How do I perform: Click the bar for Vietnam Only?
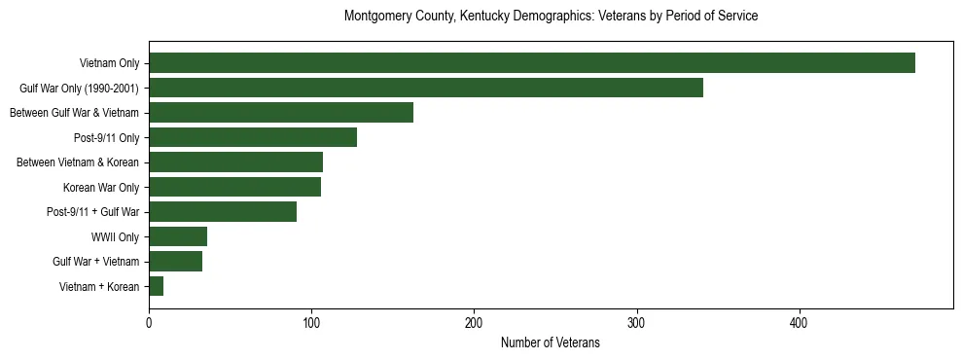(x=532, y=63)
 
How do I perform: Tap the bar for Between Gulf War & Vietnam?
(x=281, y=113)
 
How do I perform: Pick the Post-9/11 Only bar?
(x=253, y=137)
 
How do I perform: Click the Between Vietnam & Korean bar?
(x=236, y=162)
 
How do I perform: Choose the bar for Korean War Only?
(x=235, y=187)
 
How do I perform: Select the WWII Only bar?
(x=178, y=236)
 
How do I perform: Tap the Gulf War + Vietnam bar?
(x=176, y=261)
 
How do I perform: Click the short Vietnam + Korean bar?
(x=157, y=286)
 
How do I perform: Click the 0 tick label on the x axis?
(x=149, y=322)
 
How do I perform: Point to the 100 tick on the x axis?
(x=311, y=322)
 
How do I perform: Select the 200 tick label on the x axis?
(x=474, y=322)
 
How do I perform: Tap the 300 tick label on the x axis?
(x=636, y=322)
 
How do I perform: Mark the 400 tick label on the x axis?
(x=799, y=322)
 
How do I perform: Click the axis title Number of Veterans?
(x=550, y=342)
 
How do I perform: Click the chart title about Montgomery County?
(x=551, y=17)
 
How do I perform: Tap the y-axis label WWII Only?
(x=115, y=236)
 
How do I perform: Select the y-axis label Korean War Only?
(x=101, y=187)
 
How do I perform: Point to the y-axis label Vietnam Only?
(x=109, y=63)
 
